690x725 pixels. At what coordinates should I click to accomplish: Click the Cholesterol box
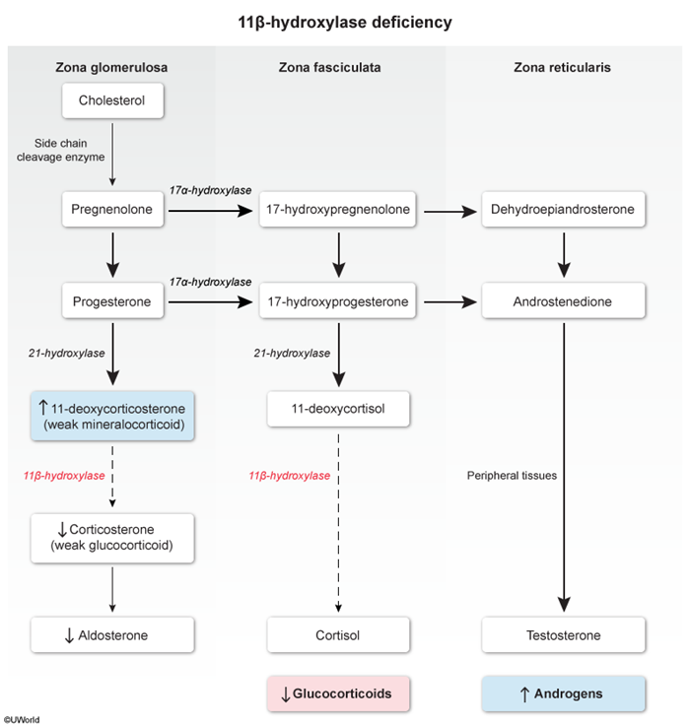(x=111, y=100)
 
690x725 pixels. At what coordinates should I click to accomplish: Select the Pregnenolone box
(x=111, y=209)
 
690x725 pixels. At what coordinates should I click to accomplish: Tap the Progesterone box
(x=111, y=301)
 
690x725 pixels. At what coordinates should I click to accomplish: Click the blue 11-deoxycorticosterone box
(x=111, y=416)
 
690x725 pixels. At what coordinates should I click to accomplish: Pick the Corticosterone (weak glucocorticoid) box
(x=111, y=536)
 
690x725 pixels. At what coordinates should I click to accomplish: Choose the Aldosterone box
(x=111, y=635)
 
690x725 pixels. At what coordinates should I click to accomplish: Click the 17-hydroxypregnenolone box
(x=338, y=209)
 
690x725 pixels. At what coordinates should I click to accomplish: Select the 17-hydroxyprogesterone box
(x=338, y=301)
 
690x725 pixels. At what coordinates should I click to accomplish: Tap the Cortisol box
(x=338, y=635)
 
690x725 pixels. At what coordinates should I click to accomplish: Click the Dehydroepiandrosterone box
(x=564, y=209)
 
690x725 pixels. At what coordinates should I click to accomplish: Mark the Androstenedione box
(x=564, y=301)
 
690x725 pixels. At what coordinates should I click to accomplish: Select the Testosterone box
(x=564, y=635)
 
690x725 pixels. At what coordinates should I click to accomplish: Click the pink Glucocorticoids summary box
(x=338, y=693)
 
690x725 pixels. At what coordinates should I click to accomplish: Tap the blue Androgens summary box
(x=564, y=693)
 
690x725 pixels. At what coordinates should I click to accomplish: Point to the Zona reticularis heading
(x=564, y=67)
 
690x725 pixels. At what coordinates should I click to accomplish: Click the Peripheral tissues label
(x=513, y=475)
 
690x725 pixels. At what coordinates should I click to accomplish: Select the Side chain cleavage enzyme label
(x=61, y=150)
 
